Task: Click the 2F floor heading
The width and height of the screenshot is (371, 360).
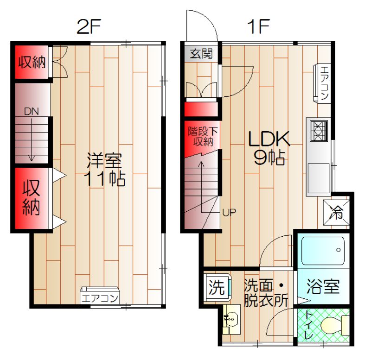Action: (89, 26)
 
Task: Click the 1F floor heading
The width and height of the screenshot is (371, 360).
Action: (258, 26)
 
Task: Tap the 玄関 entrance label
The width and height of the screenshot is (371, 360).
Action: (201, 54)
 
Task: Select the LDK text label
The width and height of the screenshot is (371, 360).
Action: (269, 139)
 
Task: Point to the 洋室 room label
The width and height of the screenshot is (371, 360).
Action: (104, 160)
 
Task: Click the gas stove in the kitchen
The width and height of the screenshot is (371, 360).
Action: (319, 131)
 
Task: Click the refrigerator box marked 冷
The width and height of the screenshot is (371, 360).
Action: (336, 212)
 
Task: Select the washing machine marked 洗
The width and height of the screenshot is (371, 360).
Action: (217, 287)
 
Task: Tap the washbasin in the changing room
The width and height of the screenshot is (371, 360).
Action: (231, 319)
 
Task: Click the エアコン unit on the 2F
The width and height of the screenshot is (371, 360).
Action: (100, 296)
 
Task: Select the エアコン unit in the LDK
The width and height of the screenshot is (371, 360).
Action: (322, 83)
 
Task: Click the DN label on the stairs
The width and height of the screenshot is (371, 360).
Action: (31, 111)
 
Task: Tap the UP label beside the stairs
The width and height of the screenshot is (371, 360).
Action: (229, 213)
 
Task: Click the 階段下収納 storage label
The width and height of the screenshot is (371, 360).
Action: (203, 136)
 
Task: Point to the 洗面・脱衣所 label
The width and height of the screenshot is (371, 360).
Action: (266, 293)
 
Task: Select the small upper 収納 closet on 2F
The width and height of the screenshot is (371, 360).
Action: (32, 62)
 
